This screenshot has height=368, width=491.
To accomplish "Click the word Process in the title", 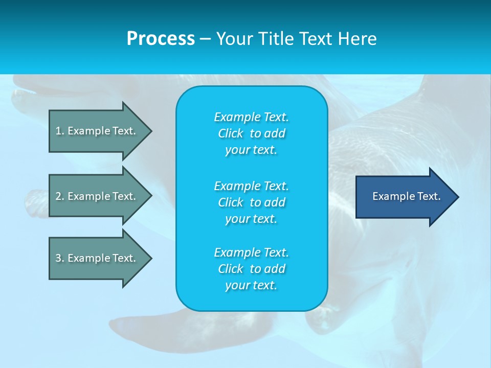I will click(161, 39).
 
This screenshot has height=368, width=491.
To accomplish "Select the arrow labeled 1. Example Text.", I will click(95, 131).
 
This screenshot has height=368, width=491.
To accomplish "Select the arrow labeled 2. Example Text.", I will click(95, 196).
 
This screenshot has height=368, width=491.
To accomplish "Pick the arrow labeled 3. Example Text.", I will click(95, 258).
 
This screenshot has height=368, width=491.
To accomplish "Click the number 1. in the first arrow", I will click(60, 131).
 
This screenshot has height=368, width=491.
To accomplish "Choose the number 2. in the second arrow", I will click(60, 196).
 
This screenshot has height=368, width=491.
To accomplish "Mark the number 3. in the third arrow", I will click(60, 258).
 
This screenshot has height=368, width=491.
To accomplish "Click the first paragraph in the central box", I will click(251, 133).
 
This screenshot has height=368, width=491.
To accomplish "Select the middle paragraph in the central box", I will click(251, 202).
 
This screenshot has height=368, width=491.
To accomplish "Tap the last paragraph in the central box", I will click(251, 269).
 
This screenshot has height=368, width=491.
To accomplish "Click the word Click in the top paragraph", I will click(231, 133).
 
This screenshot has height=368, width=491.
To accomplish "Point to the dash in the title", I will click(205, 39).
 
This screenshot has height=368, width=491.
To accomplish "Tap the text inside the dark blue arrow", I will click(406, 196).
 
